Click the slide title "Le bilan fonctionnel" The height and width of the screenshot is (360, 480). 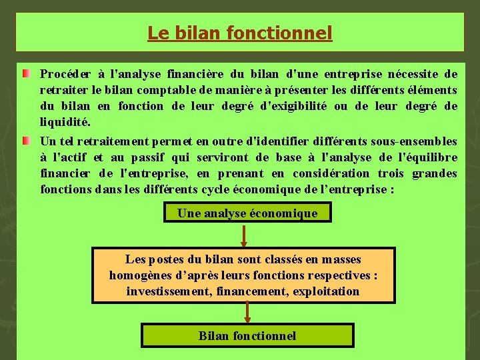tap(239, 33)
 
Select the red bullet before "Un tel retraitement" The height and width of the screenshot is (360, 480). tap(25, 141)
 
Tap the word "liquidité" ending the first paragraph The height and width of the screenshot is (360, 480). tap(64, 123)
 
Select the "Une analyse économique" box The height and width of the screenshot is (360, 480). tap(247, 213)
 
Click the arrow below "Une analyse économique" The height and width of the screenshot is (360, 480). tap(244, 235)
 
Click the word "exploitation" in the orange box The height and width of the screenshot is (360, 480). tap(325, 291)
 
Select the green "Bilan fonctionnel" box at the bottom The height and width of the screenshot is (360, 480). tap(247, 335)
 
